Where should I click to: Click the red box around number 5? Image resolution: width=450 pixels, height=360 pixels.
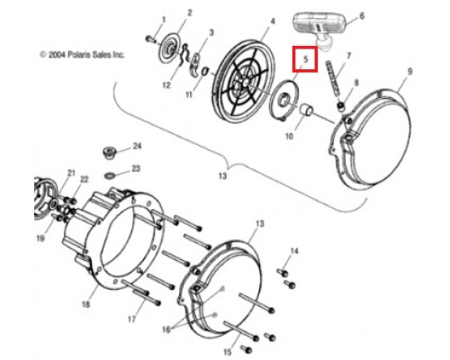click(x=305, y=59)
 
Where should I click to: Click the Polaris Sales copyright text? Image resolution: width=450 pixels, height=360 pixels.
click(x=82, y=55)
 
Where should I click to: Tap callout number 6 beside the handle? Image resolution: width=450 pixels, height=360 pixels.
click(x=362, y=15)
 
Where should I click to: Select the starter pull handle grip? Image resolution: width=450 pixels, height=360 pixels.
click(x=319, y=26)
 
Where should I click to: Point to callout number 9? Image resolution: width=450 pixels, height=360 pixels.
click(x=409, y=71)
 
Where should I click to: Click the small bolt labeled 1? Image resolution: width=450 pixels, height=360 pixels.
click(x=150, y=39)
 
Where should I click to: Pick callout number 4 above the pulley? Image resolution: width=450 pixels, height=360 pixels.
click(x=273, y=22)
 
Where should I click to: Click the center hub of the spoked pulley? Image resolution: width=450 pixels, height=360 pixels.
click(x=244, y=83)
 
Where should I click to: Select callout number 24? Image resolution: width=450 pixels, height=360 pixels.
click(x=137, y=146)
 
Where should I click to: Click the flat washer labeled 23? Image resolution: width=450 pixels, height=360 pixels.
click(x=108, y=175)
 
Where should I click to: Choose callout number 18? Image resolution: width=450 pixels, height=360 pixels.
click(x=85, y=305)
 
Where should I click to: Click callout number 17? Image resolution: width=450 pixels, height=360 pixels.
click(x=131, y=319)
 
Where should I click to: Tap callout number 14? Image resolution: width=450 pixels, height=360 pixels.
click(x=294, y=251)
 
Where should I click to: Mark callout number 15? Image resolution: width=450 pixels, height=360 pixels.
click(x=228, y=352)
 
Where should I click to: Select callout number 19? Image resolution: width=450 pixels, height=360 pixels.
click(x=40, y=238)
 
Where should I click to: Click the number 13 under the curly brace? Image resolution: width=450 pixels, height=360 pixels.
click(x=222, y=175)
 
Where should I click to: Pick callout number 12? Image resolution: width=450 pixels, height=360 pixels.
click(x=166, y=85)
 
